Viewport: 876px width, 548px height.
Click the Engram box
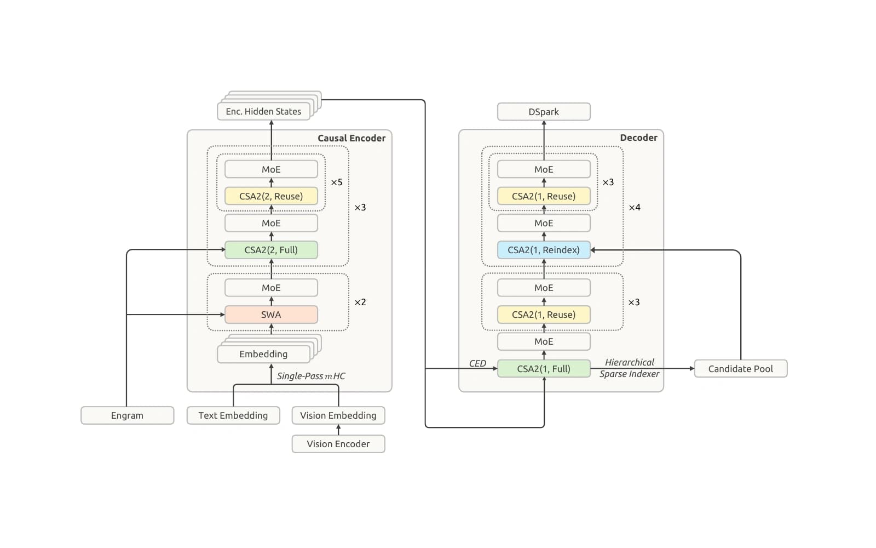click(x=128, y=415)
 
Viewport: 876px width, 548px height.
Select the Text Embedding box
click(x=233, y=415)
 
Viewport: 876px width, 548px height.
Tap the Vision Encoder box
click(x=338, y=444)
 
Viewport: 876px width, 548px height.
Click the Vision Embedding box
click(x=338, y=415)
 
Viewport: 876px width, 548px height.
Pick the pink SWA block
click(x=271, y=315)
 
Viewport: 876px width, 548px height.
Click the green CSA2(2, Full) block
click(x=271, y=250)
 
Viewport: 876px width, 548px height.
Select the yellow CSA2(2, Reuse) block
click(x=271, y=196)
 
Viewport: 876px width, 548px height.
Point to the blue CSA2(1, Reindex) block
click(x=544, y=250)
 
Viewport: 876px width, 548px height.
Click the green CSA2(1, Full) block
click(x=544, y=369)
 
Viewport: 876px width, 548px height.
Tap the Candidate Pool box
click(x=741, y=369)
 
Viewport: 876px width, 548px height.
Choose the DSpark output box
click(x=544, y=112)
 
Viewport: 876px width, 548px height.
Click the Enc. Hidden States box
click(x=263, y=112)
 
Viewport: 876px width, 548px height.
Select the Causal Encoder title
click(x=351, y=138)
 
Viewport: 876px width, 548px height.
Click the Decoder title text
click(x=638, y=138)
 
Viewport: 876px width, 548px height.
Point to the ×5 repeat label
click(x=337, y=182)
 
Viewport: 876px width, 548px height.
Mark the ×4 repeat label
click(x=635, y=208)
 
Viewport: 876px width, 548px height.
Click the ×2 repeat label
click(x=360, y=302)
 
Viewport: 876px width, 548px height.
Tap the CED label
click(x=477, y=364)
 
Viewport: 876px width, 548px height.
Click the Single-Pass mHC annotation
click(x=311, y=376)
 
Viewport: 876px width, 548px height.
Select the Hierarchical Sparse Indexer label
click(x=629, y=368)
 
